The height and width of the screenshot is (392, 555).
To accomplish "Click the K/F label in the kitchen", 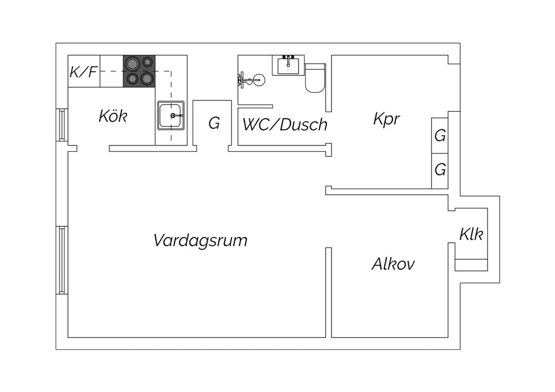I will [x=84, y=71].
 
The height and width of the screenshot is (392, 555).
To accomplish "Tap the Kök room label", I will [x=113, y=116].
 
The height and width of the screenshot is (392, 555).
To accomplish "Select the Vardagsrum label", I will [x=200, y=240].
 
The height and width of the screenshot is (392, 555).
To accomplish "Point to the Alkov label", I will [x=393, y=264].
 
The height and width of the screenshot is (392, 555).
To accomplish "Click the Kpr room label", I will [x=387, y=119].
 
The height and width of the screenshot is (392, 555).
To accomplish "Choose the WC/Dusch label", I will [x=285, y=125].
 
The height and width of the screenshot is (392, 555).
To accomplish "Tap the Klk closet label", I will [x=471, y=234].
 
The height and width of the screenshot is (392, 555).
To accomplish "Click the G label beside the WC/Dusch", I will [x=214, y=123].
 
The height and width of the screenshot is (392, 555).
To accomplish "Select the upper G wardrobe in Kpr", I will [x=440, y=136].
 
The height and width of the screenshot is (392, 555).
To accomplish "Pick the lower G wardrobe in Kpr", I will [x=440, y=170].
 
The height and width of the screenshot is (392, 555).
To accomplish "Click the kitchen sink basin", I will [x=171, y=116].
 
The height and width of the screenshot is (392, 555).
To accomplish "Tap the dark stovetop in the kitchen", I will [x=139, y=71].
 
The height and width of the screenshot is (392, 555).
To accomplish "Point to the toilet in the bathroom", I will [x=315, y=78].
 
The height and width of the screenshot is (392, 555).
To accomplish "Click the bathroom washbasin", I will [x=288, y=65].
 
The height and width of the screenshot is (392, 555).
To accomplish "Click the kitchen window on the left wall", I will [x=62, y=125].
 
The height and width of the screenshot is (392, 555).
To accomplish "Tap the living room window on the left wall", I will [x=62, y=260].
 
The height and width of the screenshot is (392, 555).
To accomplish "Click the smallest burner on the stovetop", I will [x=148, y=62].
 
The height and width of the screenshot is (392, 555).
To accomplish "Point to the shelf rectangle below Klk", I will [x=471, y=265].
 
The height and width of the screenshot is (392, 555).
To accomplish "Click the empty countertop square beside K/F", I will [x=111, y=71].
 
